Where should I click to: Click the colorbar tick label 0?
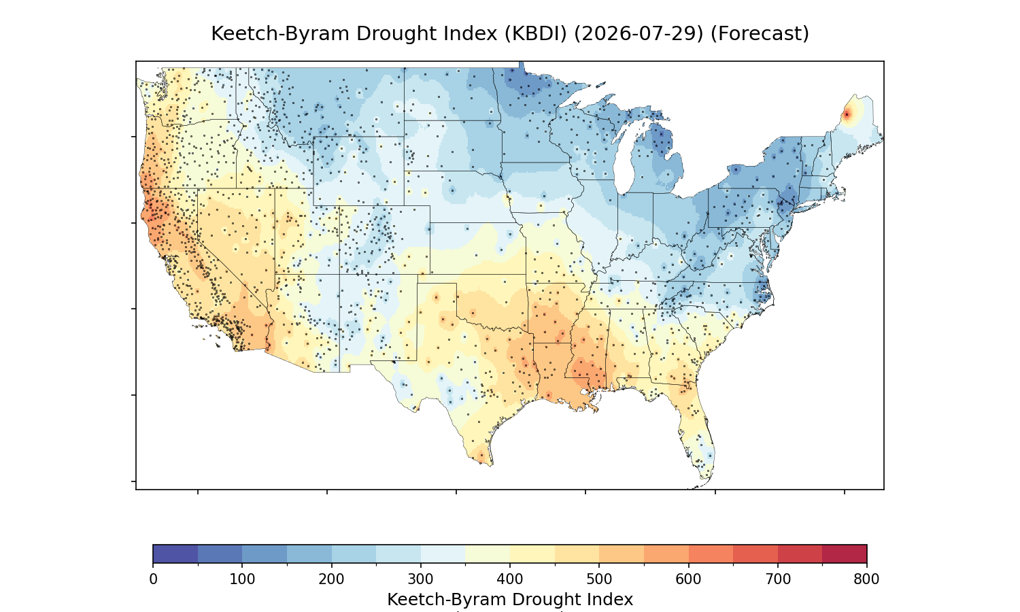[x=153, y=579]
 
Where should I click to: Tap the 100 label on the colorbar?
[x=242, y=579]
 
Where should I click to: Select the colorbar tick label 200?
[x=332, y=579]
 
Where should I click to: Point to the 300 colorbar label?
[x=421, y=579]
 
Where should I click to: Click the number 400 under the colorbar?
[x=510, y=579]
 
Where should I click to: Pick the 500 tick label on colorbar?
[x=599, y=579]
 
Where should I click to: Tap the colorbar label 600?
[x=688, y=579]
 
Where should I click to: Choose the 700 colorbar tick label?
[x=778, y=579]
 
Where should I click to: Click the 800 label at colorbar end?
[x=866, y=579]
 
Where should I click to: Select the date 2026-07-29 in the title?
[x=639, y=34]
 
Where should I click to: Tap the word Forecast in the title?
[x=760, y=34]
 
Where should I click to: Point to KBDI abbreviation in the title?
[x=536, y=34]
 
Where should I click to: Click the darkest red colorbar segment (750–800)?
[x=845, y=554]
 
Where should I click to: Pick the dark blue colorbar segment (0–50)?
[x=175, y=554]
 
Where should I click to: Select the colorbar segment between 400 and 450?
[x=532, y=554]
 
